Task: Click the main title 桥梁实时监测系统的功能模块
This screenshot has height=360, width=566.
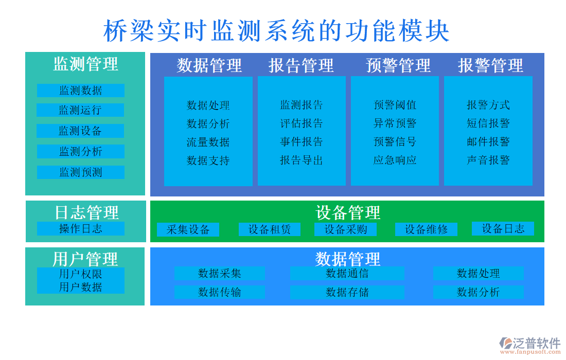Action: (277, 31)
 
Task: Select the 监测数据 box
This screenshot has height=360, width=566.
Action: (80, 91)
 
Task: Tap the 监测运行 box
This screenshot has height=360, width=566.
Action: (80, 110)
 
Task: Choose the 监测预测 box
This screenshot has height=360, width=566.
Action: (80, 172)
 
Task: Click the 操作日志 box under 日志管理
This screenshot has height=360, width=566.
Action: (80, 228)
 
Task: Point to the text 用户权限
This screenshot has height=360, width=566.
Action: (80, 274)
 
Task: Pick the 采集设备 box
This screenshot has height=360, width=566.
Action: (188, 229)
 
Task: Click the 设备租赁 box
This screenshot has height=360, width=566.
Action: (270, 229)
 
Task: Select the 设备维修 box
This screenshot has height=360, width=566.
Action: (426, 229)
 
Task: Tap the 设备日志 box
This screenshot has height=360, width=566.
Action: (503, 228)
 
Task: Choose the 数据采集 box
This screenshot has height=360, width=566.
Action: (220, 273)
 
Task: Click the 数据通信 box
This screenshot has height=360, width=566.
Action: (347, 273)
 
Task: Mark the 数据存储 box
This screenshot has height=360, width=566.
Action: (347, 292)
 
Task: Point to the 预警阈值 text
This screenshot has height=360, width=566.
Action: (395, 105)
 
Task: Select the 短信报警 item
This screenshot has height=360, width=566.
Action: (488, 123)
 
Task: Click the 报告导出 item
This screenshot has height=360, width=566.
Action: (302, 160)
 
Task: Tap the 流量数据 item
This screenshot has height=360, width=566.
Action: (208, 142)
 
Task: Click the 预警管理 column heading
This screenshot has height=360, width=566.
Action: (398, 65)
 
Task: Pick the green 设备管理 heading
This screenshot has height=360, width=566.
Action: (348, 212)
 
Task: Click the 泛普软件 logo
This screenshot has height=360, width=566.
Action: (530, 345)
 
